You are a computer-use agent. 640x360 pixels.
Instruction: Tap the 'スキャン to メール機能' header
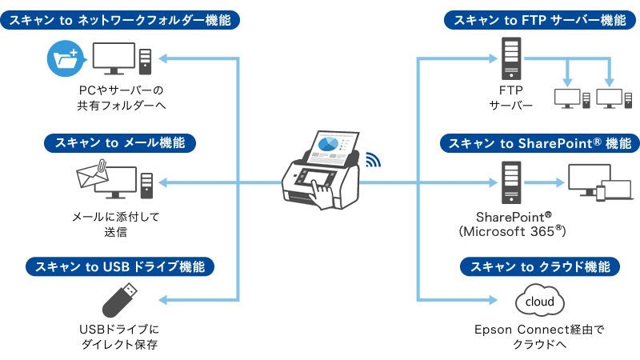point(120,143)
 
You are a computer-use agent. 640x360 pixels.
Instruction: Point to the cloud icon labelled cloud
point(541,302)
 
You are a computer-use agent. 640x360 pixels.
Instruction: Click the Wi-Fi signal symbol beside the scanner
point(372,159)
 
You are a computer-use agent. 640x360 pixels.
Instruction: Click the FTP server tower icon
point(510,61)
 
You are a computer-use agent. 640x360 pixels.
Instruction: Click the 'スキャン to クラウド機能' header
point(540,266)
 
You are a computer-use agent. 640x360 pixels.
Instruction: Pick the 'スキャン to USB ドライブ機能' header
point(120,266)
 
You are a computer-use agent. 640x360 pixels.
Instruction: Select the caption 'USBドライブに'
point(120,330)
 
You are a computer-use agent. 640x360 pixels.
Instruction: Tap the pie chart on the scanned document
point(329,144)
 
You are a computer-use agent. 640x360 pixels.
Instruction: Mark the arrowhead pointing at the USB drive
point(163,301)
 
